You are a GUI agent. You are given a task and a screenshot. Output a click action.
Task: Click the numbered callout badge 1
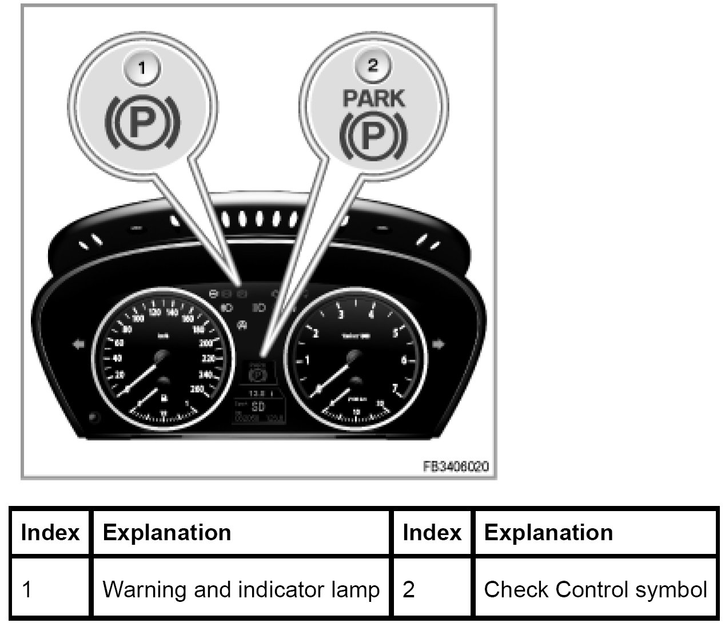pos(143,68)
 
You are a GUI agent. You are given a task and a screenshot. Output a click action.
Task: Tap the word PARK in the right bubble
pos(373,98)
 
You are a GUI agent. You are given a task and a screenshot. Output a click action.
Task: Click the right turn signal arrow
pos(439,344)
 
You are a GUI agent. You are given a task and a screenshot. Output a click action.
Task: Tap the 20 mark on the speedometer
pos(119,375)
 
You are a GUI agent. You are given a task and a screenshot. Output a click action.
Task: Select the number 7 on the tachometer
pos(394,388)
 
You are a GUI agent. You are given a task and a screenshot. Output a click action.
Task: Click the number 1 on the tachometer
pos(307,360)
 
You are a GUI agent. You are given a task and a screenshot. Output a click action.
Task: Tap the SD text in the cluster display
pos(258,407)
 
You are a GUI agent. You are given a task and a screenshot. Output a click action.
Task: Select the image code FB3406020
pos(456,467)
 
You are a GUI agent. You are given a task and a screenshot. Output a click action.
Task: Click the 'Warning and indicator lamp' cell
pos(240,589)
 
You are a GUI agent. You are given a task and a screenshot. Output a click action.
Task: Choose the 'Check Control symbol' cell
pos(595,589)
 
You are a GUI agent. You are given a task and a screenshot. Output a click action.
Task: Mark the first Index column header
pos(50,532)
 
